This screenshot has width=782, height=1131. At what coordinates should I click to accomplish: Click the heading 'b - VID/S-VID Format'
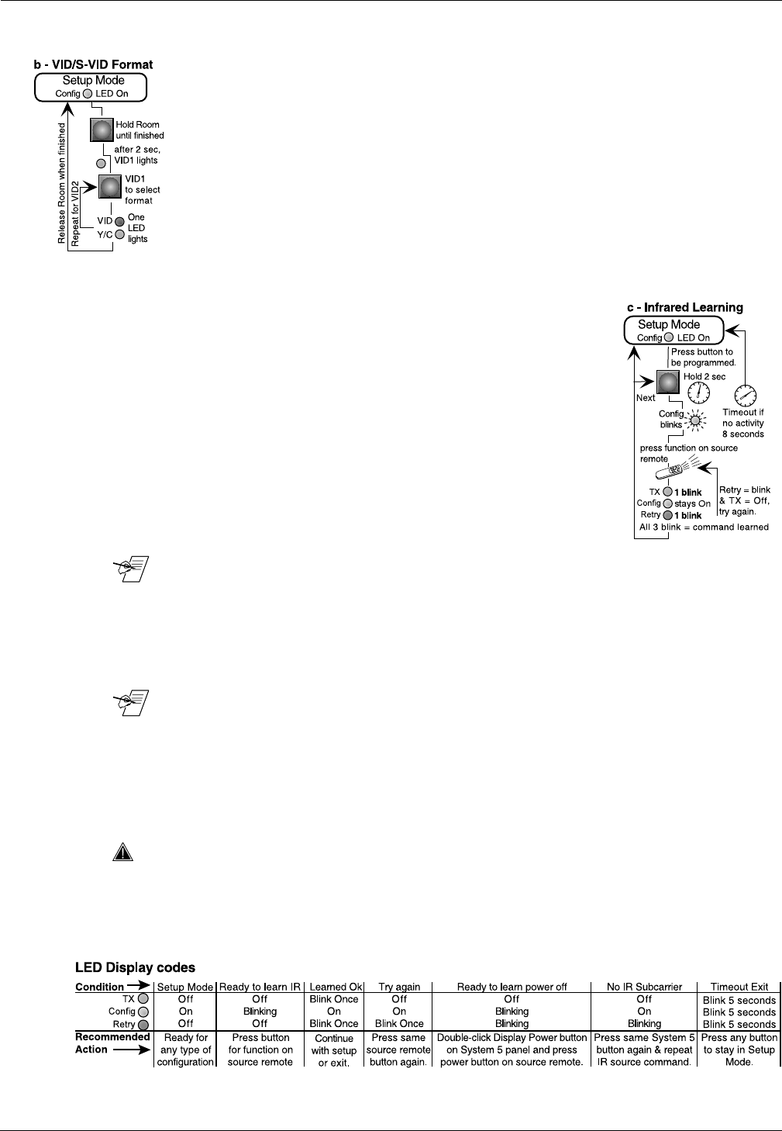point(93,64)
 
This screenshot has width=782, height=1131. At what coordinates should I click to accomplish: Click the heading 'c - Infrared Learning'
point(684,307)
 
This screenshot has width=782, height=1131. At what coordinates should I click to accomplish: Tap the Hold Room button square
point(102,130)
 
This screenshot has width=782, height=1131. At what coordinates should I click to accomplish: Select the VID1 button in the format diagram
point(110,187)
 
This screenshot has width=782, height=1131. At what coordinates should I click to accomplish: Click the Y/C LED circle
point(119,233)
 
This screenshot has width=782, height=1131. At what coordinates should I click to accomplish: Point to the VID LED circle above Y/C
point(119,221)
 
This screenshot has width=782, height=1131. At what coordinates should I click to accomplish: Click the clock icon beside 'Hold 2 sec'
point(698,393)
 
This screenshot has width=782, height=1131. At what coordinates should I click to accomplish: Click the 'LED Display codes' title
point(135,967)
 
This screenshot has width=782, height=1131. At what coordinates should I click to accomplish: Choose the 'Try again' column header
point(399,987)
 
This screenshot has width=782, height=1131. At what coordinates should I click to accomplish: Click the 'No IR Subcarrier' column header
point(644,987)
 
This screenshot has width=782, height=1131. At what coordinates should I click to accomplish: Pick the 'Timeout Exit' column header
point(739,987)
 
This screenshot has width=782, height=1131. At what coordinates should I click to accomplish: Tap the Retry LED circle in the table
point(143,1025)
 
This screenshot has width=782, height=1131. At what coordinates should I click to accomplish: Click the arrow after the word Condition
point(139,987)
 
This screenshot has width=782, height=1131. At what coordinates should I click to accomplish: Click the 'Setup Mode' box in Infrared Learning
point(673,330)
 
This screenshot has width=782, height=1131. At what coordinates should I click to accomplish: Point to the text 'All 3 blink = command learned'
point(704,527)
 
